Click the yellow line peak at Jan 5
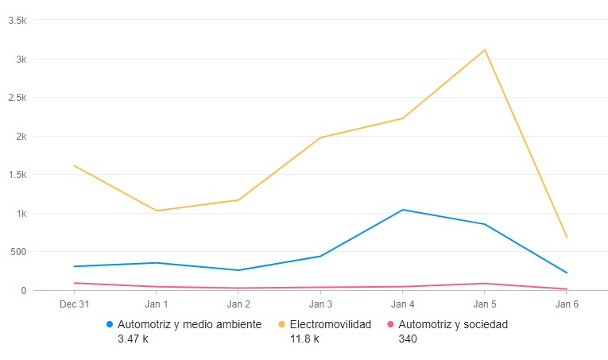485,50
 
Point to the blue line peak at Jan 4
403,210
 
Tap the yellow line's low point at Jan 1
157,211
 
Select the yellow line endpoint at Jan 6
567,237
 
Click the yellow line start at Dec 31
74,165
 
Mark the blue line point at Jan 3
320,256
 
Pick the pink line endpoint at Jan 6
567,288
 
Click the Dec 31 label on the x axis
74,304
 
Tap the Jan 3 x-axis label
320,304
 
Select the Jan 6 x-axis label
567,304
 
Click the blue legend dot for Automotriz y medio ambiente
110,325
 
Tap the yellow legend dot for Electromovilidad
282,325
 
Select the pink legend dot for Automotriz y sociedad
390,325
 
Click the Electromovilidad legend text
330,324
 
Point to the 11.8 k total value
304,339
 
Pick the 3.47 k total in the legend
133,339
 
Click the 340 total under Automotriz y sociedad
408,339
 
